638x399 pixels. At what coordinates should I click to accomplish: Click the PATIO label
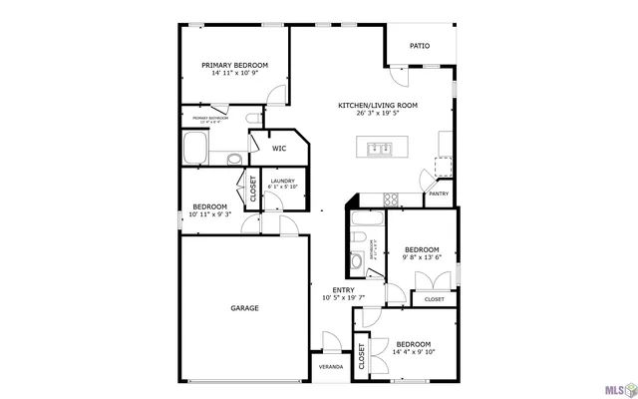click(420, 45)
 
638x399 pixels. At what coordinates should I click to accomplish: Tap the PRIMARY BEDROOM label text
click(235, 66)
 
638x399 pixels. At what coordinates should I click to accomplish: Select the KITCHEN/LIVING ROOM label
click(377, 105)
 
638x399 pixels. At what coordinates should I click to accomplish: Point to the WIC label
click(280, 149)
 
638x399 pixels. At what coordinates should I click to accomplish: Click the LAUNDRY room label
click(283, 181)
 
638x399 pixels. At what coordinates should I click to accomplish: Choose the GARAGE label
click(244, 308)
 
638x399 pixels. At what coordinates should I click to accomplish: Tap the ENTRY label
click(344, 290)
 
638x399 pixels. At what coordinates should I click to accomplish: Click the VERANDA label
click(330, 367)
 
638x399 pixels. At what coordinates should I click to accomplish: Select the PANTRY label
click(439, 194)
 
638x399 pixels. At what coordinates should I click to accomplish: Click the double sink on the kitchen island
click(379, 150)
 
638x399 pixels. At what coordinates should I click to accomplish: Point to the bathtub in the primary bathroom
click(193, 152)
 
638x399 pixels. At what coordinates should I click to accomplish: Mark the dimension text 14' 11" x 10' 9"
click(235, 73)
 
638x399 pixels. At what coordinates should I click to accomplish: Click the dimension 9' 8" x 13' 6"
click(422, 256)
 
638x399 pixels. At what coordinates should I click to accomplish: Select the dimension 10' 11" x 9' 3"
click(210, 213)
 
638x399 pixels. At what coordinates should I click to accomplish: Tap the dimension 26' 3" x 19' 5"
click(377, 113)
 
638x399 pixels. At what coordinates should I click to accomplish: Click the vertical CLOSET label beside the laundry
click(252, 190)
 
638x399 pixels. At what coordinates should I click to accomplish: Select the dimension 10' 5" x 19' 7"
click(344, 297)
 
